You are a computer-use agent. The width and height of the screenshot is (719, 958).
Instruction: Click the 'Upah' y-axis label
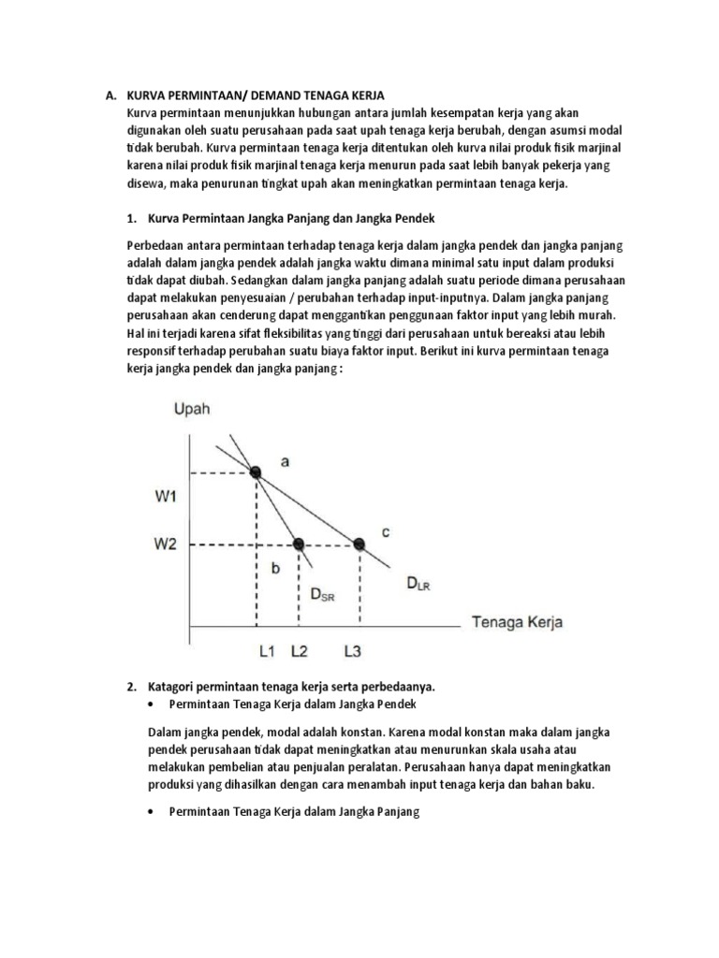pos(191,409)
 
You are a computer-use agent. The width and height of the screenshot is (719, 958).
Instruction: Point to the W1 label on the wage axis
pos(166,498)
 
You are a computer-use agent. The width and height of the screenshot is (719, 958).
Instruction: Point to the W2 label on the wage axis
pos(166,544)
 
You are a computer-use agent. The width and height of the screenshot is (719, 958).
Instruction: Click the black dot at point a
pos(256,472)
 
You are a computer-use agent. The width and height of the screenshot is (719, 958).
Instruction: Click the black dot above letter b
pos(299,543)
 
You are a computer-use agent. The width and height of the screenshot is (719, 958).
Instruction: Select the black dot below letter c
pos(358,543)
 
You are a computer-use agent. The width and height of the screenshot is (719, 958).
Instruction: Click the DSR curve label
pos(321,593)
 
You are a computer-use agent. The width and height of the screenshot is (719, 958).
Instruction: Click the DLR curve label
pos(418,585)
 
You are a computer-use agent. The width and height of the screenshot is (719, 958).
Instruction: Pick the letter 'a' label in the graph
pos(285,459)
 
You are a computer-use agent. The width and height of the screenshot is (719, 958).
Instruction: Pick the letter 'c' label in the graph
pos(385,532)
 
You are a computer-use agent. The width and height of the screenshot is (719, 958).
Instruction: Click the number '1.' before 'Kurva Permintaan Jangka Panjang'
pos(131,219)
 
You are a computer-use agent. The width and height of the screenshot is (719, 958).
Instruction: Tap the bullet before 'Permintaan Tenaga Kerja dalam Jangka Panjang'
pos(153,813)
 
